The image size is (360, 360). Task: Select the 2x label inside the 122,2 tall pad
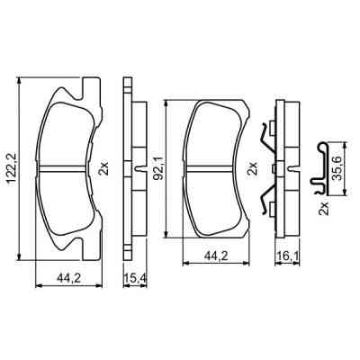pos(103,167)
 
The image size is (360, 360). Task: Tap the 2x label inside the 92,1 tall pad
pos(253,167)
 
